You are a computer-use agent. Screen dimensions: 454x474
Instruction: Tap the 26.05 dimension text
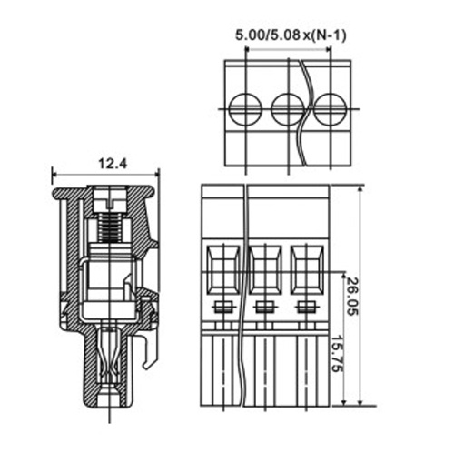coord(351,296)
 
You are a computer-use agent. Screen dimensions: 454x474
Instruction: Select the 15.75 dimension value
coord(337,354)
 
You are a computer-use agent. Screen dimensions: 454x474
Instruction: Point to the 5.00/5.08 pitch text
coord(268,35)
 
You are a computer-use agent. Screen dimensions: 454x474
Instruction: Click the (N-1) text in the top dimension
coord(329,35)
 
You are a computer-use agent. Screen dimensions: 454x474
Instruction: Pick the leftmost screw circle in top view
coord(245,108)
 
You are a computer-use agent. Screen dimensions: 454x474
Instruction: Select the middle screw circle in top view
coord(288,108)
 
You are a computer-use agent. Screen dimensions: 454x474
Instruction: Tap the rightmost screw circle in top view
coord(331,108)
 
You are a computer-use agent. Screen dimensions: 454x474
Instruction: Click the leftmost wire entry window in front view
coord(223,270)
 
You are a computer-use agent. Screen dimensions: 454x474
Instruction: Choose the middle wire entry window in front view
coord(265,270)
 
